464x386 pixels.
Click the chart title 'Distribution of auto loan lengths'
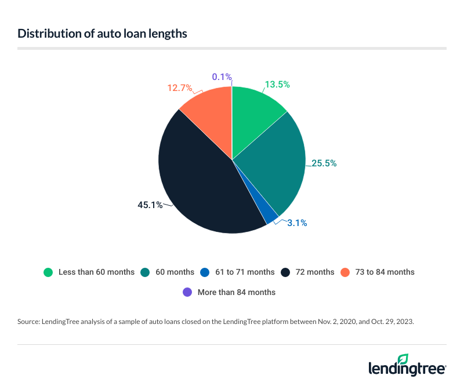[102, 34]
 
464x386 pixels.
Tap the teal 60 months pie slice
[273, 162]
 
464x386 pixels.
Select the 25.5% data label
[324, 163]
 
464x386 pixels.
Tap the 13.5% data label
[277, 85]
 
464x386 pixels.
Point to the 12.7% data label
[179, 88]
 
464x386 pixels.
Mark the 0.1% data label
[222, 77]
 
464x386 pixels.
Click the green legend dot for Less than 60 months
[49, 272]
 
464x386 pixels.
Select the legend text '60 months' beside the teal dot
[176, 272]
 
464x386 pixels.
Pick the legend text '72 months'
[314, 272]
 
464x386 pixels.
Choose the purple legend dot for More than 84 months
[187, 292]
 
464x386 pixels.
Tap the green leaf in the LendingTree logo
[403, 359]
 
